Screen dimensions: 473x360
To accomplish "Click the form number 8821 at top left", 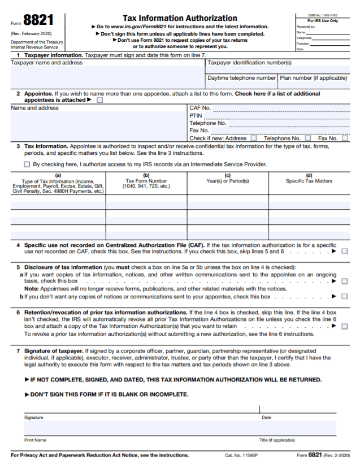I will [39, 21].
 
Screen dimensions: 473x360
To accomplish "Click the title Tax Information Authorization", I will [180, 18].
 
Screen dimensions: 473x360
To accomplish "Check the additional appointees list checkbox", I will [100, 100].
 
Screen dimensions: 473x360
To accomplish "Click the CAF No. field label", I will [200, 107].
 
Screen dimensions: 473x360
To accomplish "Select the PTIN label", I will [196, 115].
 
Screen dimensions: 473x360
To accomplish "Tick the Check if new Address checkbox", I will [253, 138].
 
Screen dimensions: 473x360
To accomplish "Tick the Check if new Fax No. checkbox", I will [345, 138].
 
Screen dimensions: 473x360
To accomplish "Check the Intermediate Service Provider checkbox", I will [27, 164].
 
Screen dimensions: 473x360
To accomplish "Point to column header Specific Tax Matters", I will [309, 181].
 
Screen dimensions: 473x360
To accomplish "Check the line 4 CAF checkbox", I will [345, 251].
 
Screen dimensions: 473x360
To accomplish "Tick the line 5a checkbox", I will [345, 281].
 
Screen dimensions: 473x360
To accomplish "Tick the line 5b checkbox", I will [345, 296].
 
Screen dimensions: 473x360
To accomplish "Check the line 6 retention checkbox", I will [345, 326].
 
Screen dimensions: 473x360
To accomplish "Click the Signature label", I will [33, 418].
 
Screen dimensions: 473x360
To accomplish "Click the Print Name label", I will [35, 440].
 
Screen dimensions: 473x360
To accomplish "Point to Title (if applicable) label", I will [277, 440].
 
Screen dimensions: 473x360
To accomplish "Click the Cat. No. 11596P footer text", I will [241, 455].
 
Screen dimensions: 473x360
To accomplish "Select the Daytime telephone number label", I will [241, 78].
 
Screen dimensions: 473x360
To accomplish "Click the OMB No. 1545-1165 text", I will [323, 15].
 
